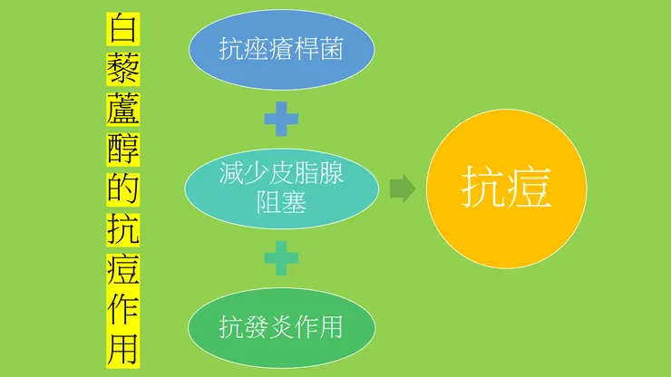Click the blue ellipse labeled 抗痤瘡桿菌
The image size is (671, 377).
[281, 51]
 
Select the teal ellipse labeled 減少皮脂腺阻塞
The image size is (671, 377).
[281, 188]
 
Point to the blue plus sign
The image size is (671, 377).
[281, 119]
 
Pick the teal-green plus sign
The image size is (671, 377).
[281, 257]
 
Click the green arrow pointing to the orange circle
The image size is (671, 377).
[403, 188]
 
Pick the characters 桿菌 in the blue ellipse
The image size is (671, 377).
[322, 51]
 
